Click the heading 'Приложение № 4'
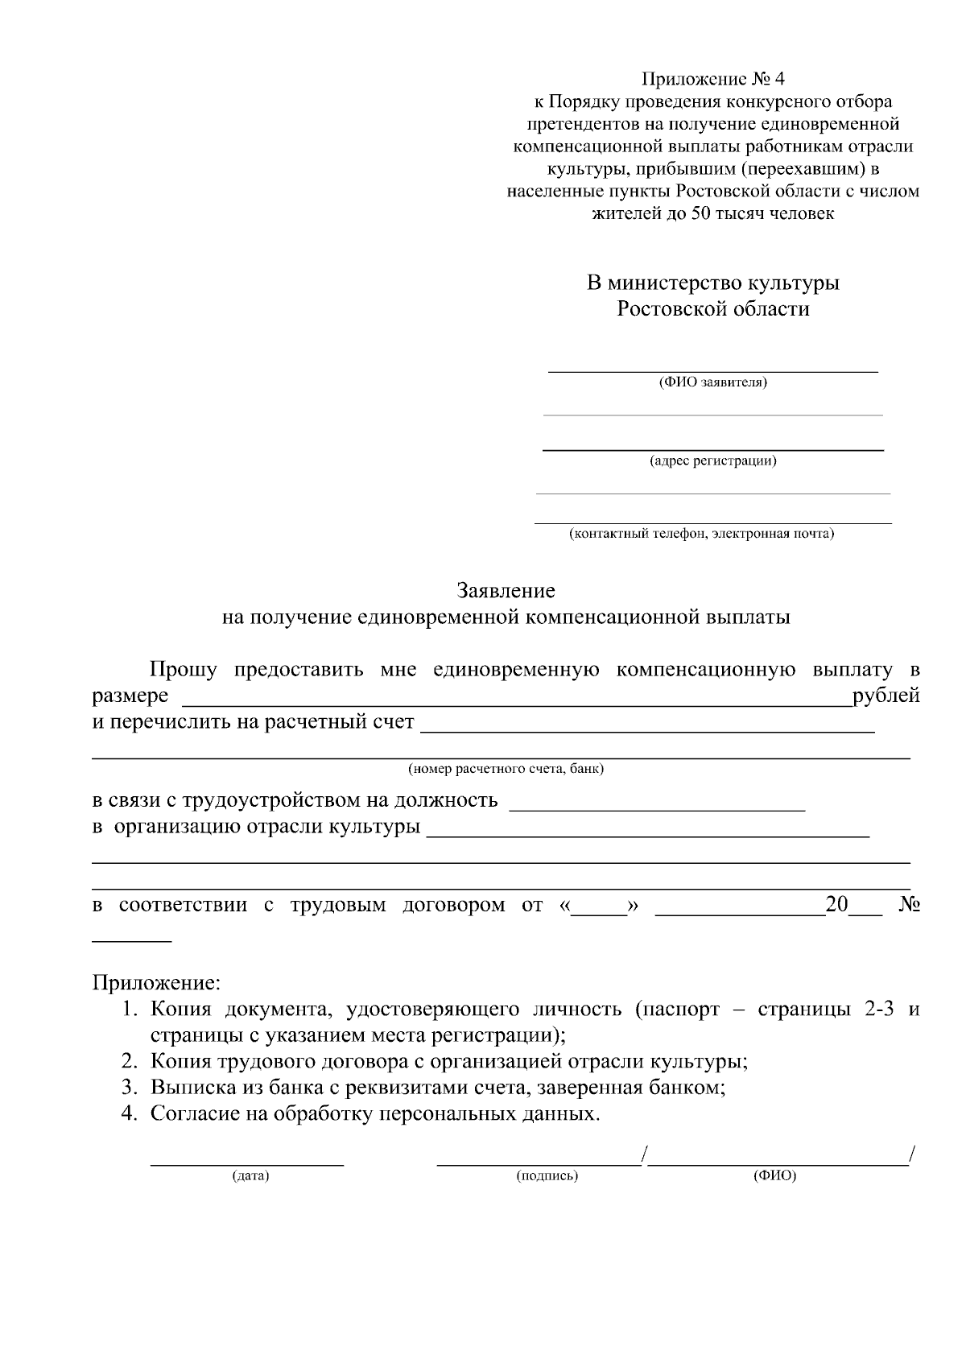click(x=712, y=79)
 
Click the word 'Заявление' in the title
click(x=506, y=591)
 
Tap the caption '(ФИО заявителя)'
click(x=712, y=382)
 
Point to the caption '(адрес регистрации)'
click(x=712, y=461)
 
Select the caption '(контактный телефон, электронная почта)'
click(x=700, y=534)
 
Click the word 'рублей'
click(x=886, y=695)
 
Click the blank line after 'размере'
click(x=515, y=699)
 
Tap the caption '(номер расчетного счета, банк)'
click(x=506, y=769)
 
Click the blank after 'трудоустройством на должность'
click(x=658, y=803)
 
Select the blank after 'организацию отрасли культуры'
click(x=647, y=831)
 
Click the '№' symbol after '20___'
click(x=909, y=904)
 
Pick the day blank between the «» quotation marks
click(x=598, y=910)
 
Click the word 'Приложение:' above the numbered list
click(x=155, y=983)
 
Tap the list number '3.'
click(x=131, y=1088)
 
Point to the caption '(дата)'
click(x=250, y=1176)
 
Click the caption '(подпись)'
click(x=547, y=1176)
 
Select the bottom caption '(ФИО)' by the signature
click(x=774, y=1176)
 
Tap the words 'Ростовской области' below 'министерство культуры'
click(x=712, y=309)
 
